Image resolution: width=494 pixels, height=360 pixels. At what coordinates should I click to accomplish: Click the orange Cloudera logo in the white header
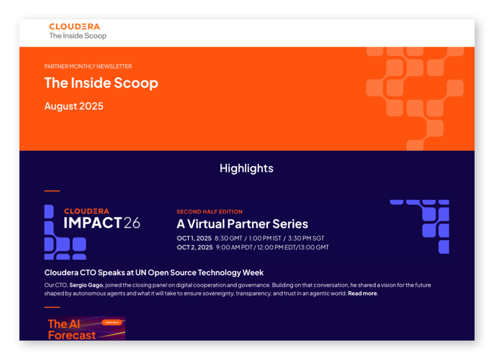(x=74, y=27)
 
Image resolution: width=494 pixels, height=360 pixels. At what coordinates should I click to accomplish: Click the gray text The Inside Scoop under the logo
(x=78, y=36)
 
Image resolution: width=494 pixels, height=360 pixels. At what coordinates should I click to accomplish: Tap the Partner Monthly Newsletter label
(x=88, y=66)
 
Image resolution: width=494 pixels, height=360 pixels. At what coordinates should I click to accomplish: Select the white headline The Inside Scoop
(x=101, y=83)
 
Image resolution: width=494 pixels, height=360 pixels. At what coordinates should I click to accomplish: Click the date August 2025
(x=74, y=106)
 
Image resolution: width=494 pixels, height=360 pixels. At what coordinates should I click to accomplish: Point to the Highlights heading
(x=246, y=169)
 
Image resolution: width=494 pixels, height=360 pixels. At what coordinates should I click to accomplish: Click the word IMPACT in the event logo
(x=93, y=222)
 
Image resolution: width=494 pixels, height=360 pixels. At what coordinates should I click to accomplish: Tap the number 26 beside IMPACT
(x=132, y=223)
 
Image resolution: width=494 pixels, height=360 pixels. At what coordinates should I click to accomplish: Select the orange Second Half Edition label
(x=210, y=212)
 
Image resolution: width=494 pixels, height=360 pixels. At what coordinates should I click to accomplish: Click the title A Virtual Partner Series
(x=242, y=224)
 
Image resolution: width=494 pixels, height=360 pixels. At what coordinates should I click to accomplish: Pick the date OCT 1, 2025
(x=194, y=238)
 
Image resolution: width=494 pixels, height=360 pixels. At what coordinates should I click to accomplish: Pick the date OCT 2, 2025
(x=195, y=247)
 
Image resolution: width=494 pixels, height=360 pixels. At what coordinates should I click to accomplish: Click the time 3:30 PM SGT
(x=306, y=238)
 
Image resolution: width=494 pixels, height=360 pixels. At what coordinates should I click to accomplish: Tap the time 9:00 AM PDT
(x=234, y=247)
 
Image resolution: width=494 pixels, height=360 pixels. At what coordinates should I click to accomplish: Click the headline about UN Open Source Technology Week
(x=154, y=273)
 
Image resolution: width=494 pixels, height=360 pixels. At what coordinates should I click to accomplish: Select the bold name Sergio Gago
(x=86, y=285)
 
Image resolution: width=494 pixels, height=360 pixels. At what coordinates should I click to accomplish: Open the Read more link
(x=362, y=294)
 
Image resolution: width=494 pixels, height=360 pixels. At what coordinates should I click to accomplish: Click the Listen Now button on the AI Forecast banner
(x=112, y=323)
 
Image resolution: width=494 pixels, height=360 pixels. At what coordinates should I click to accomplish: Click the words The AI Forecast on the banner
(x=72, y=329)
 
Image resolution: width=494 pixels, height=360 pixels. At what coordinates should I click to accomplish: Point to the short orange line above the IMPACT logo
(x=52, y=191)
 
